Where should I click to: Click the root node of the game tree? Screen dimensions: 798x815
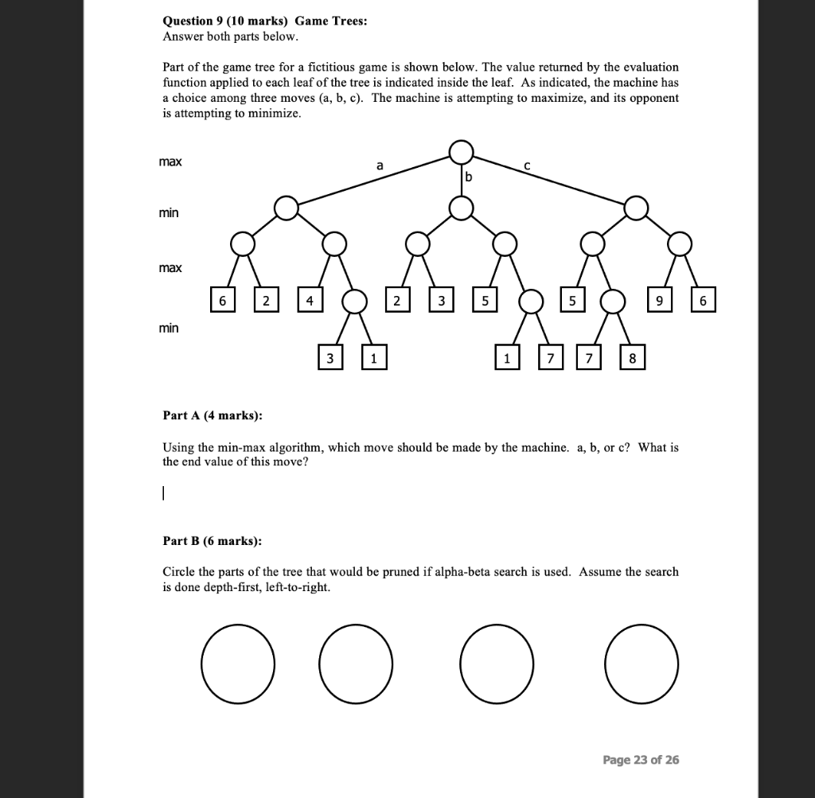(461, 151)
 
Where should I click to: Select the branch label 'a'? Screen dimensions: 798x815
(380, 165)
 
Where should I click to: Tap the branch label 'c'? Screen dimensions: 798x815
(526, 166)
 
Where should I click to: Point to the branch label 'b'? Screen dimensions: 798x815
(468, 177)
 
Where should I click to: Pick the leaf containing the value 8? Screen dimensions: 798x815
(632, 359)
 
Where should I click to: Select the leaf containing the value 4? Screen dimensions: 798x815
(310, 301)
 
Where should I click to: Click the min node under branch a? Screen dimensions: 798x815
(286, 208)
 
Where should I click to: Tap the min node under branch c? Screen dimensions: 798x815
(635, 208)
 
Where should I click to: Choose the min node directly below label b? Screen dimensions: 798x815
(461, 208)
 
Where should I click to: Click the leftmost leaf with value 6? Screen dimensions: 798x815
(222, 301)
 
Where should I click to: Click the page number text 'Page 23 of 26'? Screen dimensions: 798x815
(641, 760)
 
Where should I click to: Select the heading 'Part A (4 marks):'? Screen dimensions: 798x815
(212, 415)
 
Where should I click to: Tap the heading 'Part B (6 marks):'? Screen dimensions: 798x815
(212, 541)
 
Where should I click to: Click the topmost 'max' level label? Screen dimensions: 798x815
(170, 162)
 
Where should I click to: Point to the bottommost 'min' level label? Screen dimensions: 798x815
(168, 328)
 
